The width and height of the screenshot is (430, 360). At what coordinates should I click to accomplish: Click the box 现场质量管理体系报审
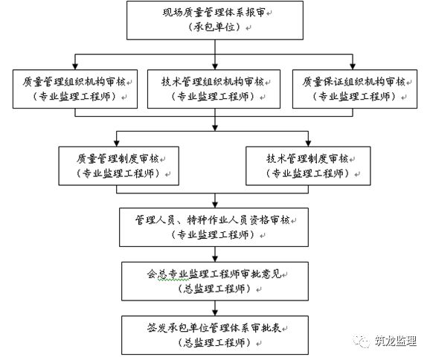tap(215, 20)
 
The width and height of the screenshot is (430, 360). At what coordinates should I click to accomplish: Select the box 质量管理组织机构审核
tap(75, 89)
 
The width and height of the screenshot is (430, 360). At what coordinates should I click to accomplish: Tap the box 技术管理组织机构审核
tap(214, 89)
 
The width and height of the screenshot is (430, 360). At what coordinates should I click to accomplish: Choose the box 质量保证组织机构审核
tap(355, 89)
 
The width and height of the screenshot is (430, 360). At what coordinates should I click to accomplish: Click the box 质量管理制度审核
tap(119, 166)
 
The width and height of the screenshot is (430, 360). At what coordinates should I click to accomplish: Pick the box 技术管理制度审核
tap(308, 166)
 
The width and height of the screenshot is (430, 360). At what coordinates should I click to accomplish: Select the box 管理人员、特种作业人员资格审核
tap(214, 227)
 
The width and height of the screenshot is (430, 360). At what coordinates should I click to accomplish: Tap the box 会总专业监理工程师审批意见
tap(215, 281)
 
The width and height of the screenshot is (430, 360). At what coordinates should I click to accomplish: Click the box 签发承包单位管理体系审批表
tap(215, 335)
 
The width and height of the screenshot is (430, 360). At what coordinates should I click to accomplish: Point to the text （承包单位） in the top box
tap(215, 27)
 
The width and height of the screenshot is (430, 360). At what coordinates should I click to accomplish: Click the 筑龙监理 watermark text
tap(396, 341)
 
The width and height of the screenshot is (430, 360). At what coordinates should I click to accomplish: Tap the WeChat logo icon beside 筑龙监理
tap(362, 341)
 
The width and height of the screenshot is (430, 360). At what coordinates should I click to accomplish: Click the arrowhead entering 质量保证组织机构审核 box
tap(353, 67)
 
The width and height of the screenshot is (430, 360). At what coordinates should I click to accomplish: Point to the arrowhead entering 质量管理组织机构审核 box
tap(75, 67)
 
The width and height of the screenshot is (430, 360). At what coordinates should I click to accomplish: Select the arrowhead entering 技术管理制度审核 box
tap(308, 144)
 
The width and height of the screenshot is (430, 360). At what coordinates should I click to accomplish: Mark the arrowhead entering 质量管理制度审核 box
tap(117, 144)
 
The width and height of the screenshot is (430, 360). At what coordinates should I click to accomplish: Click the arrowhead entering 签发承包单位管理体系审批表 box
tap(215, 313)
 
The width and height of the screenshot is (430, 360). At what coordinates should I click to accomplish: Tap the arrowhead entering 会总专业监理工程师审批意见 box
tap(215, 259)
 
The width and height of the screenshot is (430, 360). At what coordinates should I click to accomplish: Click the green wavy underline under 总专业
tap(173, 280)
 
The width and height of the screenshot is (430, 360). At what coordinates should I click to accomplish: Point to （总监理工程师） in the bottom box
tap(214, 343)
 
